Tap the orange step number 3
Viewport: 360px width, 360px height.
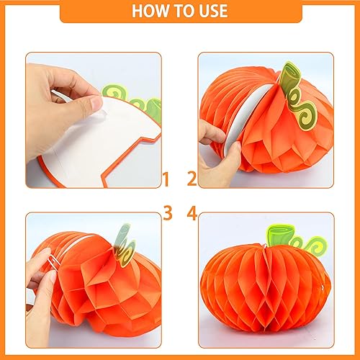tap(167, 214)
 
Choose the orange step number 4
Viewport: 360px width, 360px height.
tap(192, 214)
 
